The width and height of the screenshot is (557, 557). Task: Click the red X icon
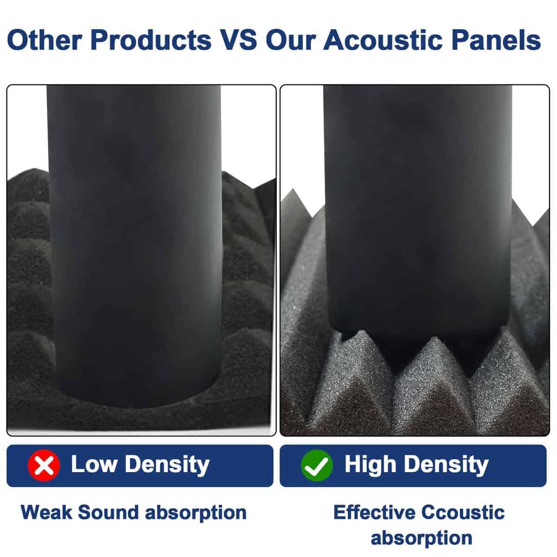[44, 466]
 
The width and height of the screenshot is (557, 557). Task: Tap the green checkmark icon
[317, 466]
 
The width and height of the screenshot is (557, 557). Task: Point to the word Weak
[46, 512]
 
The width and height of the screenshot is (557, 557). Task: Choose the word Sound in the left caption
[108, 512]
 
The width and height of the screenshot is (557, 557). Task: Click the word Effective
[374, 512]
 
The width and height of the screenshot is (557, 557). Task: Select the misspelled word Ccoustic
[463, 512]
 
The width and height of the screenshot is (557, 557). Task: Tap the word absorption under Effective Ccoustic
[421, 539]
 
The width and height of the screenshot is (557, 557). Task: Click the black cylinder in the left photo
[135, 246]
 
